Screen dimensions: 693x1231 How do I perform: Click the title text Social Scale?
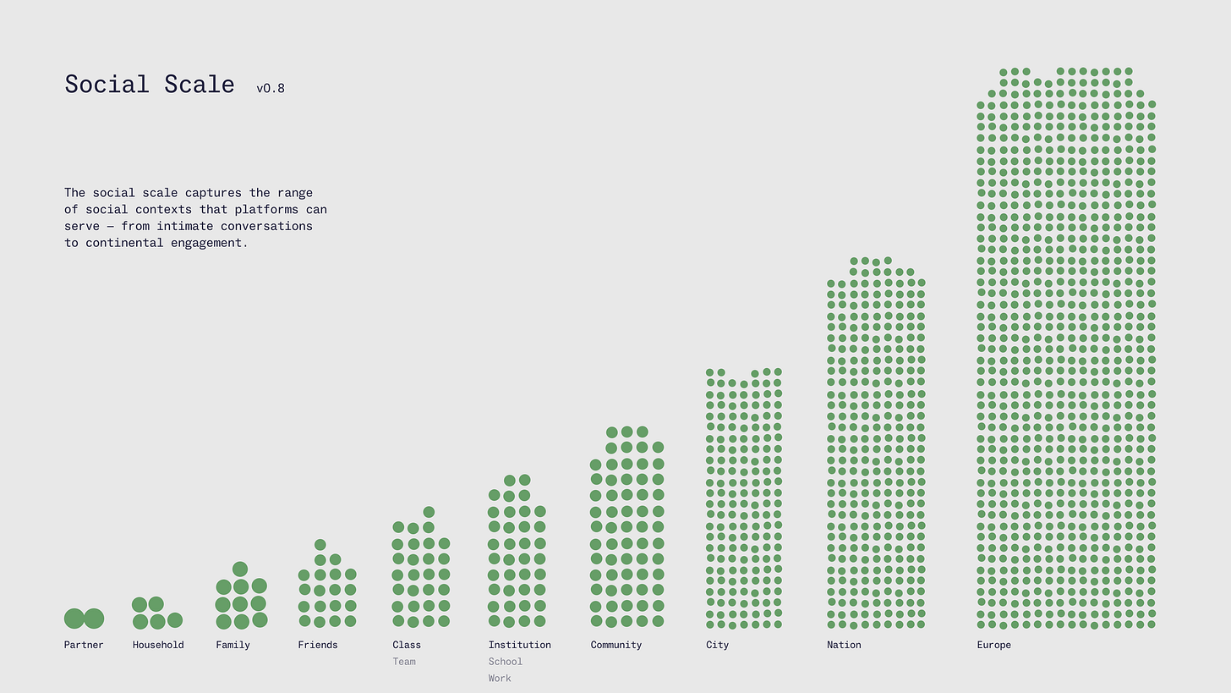pos(150,85)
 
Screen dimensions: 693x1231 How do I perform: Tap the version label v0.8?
pos(271,88)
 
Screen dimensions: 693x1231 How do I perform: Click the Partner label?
pos(84,645)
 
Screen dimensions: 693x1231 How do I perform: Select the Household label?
pos(158,645)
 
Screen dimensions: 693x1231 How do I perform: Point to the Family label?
pos(233,645)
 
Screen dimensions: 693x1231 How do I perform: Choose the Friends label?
pos(318,645)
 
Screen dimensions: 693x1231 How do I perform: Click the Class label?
pos(407,645)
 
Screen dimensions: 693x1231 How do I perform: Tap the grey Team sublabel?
pos(404,662)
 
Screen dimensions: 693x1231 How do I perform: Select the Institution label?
pos(519,645)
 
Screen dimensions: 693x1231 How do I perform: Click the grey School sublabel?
pos(506,662)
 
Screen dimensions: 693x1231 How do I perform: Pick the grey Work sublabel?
pos(500,679)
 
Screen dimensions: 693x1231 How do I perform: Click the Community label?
pos(616,645)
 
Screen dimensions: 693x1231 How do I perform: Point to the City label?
pos(717,645)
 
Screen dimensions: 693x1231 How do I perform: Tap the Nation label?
pos(844,645)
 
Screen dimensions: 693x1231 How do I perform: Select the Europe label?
pos(993,645)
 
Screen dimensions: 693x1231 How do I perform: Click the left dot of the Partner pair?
pos(74,619)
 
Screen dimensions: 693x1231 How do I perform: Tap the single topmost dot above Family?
pos(240,569)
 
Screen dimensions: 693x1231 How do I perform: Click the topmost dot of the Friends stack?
pos(320,545)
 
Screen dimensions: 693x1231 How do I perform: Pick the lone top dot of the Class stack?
pos(429,512)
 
